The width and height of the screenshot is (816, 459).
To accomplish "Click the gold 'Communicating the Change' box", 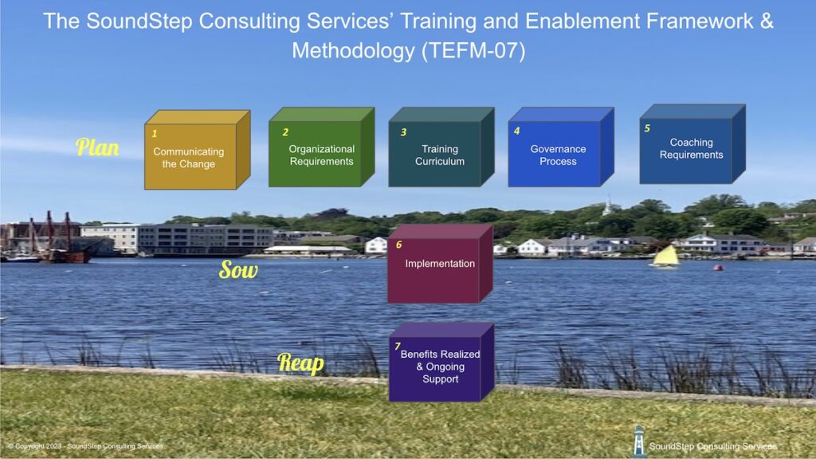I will pos(190,157).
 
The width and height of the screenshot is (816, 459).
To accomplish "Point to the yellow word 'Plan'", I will pos(97,147).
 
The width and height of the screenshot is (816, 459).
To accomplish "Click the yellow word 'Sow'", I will pos(238,270).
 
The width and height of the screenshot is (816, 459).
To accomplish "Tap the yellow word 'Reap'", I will pos(300,363).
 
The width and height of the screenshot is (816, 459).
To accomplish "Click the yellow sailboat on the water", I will pos(665,257).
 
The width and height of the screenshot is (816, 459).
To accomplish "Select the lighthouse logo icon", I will pos(638,441).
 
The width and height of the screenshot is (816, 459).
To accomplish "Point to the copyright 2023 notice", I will pos(85,446).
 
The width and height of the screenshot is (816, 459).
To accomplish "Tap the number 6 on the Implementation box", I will pos(398,245).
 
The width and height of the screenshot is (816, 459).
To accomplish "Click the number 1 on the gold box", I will pos(155,134).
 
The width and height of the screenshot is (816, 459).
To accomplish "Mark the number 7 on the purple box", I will pos(397,346).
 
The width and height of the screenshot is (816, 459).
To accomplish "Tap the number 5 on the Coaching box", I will pos(647,127).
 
